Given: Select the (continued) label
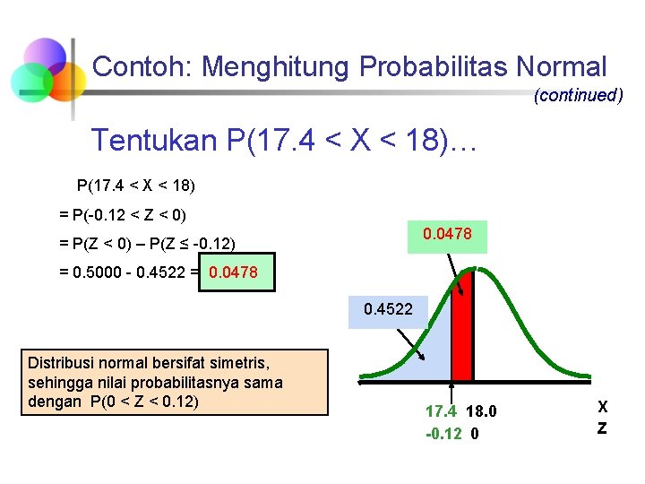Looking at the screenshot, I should [578, 95].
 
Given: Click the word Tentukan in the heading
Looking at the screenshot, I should [154, 141].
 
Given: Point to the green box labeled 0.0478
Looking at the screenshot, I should [447, 235].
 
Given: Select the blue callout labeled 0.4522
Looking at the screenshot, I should [388, 311].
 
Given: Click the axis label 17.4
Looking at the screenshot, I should [439, 412].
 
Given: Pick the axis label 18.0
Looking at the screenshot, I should [481, 412].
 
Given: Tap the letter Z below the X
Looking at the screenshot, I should [602, 428].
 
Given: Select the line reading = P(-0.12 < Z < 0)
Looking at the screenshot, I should [123, 214].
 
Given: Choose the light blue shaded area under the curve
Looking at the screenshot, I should [421, 363].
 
